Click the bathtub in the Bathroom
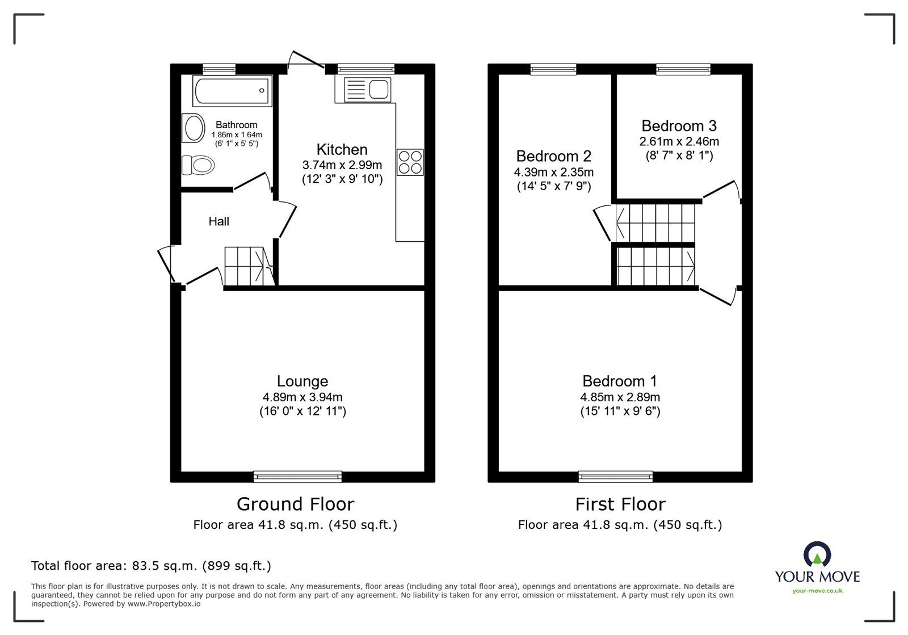coord(232,91)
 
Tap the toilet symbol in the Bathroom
coord(198,166)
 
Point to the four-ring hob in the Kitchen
coord(410,161)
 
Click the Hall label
coord(218,221)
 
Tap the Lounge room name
coord(302,381)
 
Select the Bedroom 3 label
coord(679,125)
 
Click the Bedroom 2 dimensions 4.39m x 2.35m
coord(553,172)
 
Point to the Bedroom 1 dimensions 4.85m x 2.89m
coord(620,397)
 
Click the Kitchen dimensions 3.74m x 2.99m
coord(342,165)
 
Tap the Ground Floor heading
coord(295,504)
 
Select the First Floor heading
coord(620,504)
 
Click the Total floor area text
coord(151,566)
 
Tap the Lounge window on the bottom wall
coord(297,477)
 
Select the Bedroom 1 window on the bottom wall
coord(615,477)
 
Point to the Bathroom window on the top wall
coord(219,69)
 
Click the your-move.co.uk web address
coord(817,591)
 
